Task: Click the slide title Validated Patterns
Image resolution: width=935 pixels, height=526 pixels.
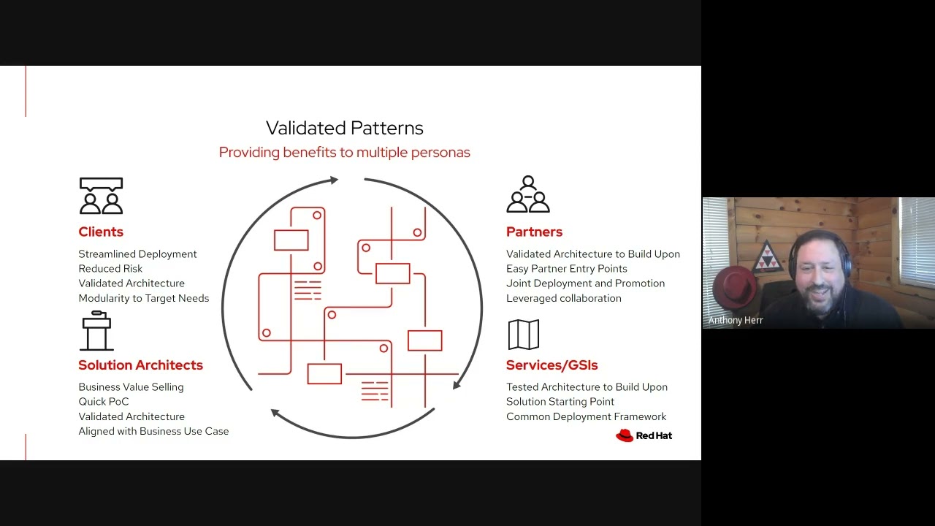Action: (x=344, y=128)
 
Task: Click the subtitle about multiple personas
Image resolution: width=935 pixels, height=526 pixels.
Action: (x=344, y=153)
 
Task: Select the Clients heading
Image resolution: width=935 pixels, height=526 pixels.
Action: (x=101, y=232)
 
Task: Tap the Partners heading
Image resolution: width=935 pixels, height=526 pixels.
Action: (x=534, y=232)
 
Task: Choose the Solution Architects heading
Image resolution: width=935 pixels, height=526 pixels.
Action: (x=140, y=365)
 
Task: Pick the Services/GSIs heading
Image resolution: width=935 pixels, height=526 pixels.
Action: (x=552, y=365)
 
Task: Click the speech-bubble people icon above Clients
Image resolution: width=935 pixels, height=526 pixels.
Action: (x=101, y=196)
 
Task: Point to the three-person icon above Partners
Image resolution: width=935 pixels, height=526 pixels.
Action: (x=527, y=194)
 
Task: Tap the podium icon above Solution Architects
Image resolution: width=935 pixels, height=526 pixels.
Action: (x=96, y=331)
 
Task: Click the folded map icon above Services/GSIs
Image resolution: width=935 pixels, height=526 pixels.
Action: (x=523, y=335)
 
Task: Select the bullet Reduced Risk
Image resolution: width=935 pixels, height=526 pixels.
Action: (x=110, y=269)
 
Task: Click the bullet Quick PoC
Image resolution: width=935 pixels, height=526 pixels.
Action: (x=103, y=402)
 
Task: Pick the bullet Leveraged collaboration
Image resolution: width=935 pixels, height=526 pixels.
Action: (x=563, y=298)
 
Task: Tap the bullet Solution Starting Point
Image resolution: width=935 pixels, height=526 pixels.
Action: (x=560, y=402)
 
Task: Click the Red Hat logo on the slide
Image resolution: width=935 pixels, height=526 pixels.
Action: (x=644, y=435)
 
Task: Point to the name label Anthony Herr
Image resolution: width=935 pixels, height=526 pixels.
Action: (x=735, y=320)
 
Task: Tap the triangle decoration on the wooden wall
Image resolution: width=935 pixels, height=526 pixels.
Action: (x=767, y=256)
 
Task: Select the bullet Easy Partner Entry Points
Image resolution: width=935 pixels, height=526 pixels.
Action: (x=566, y=269)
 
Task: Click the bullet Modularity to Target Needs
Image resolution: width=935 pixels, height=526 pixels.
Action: (x=143, y=298)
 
